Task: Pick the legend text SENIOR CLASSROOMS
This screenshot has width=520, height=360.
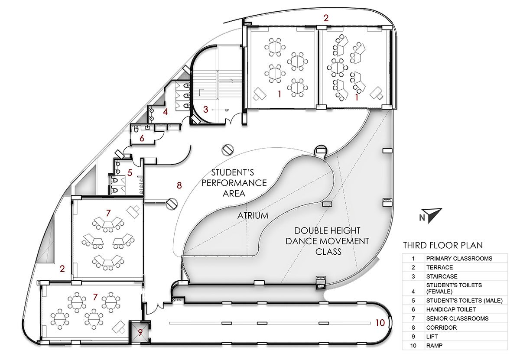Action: [x=457, y=318]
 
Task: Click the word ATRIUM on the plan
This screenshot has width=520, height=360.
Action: [x=253, y=215]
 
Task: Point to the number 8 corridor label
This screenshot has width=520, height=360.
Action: [x=179, y=185]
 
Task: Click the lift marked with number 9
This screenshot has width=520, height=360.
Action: [x=140, y=333]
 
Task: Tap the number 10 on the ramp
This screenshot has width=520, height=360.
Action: [x=380, y=322]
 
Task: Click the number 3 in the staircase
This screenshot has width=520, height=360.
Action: [x=206, y=110]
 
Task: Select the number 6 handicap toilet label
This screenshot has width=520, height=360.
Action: [x=142, y=139]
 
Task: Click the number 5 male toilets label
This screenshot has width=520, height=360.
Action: [x=130, y=172]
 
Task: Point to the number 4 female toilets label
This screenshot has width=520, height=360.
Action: [x=165, y=112]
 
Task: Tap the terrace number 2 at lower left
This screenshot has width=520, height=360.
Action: [x=62, y=269]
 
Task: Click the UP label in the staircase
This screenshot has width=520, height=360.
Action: [x=226, y=111]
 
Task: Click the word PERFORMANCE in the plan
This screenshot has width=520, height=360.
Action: [x=234, y=182]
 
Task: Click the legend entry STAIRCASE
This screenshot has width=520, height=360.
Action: [x=442, y=276]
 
